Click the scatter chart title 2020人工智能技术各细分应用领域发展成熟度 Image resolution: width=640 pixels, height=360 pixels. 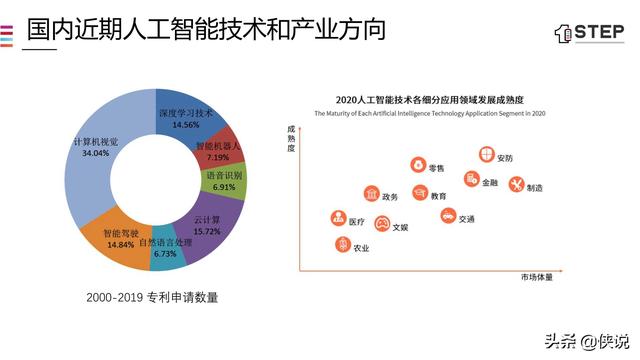[431, 100]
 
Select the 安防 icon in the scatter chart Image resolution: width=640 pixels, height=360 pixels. [486, 156]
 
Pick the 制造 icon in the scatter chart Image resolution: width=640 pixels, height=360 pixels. [516, 185]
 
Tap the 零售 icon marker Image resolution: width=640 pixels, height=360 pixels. [416, 166]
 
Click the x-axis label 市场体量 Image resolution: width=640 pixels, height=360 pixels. [535, 276]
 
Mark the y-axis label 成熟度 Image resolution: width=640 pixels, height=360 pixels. [291, 138]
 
